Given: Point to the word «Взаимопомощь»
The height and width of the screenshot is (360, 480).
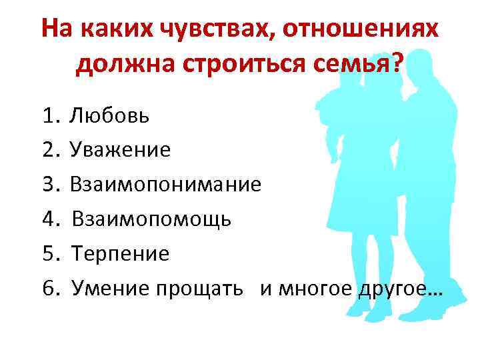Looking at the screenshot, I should point(151,219).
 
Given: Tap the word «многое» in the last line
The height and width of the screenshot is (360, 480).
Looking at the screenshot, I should point(314,288).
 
